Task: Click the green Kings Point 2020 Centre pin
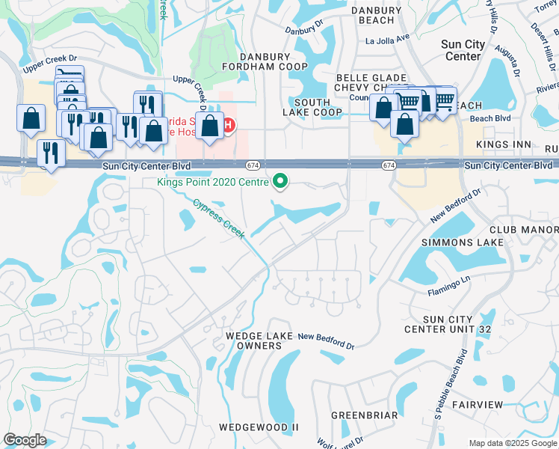pyautogui.click(x=281, y=180)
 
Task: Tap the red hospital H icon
pyautogui.click(x=229, y=124)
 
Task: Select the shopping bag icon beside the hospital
pyautogui.click(x=211, y=126)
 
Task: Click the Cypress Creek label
pyautogui.click(x=219, y=219)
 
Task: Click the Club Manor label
pyautogui.click(x=524, y=229)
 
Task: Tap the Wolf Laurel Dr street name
pyautogui.click(x=340, y=441)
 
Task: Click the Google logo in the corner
pyautogui.click(x=25, y=440)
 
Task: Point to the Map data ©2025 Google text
pyautogui.click(x=512, y=443)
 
